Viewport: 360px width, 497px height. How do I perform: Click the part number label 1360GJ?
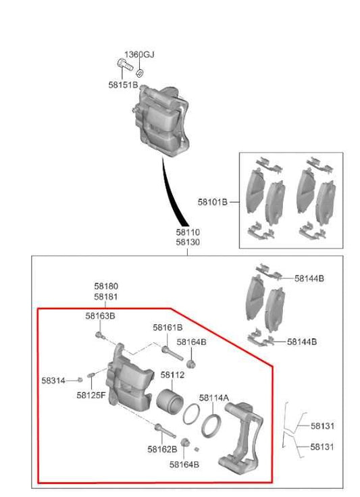[x=138, y=54]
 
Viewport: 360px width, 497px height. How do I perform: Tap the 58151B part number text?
[x=122, y=85]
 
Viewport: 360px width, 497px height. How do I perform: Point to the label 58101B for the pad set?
[x=213, y=201]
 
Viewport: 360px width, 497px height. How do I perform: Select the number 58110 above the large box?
[x=187, y=232]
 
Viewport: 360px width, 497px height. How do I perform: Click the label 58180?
[x=106, y=286]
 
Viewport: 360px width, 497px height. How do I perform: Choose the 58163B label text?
[x=100, y=315]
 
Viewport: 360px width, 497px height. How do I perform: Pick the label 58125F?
[x=91, y=395]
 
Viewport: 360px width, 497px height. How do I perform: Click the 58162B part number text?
[x=162, y=448]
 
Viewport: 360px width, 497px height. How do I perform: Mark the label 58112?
[x=172, y=375]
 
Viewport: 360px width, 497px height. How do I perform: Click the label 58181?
[x=106, y=296]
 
